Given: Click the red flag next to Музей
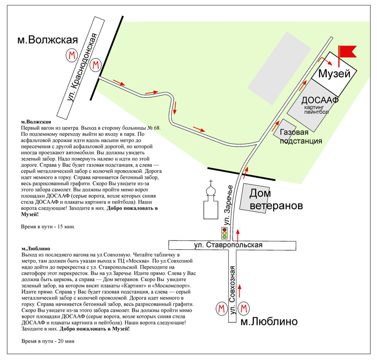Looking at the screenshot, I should coord(347,52).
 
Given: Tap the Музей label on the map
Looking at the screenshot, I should coord(334,74).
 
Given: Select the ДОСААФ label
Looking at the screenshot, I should coord(320,101).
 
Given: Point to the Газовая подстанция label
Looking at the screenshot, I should coord(301,136).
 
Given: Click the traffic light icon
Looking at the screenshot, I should coord(225,233).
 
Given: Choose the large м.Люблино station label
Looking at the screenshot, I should coord(269,322).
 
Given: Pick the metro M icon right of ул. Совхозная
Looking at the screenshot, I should coord(244,309).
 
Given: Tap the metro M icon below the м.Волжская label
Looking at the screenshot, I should coord(71,56).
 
